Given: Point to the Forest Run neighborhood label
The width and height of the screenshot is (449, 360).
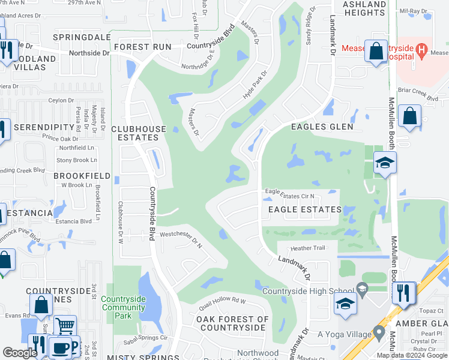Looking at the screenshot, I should pyautogui.click(x=143, y=47).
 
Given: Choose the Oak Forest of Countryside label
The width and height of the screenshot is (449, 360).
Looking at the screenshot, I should pyautogui.click(x=232, y=323).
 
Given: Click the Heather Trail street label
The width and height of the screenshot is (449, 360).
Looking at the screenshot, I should pyautogui.click(x=307, y=248).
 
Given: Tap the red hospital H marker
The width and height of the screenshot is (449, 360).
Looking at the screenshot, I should pyautogui.click(x=423, y=48).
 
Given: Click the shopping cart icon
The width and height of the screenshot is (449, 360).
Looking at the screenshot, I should pyautogui.click(x=65, y=326).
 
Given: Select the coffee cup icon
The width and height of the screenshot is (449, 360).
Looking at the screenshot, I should pyautogui.click(x=60, y=348).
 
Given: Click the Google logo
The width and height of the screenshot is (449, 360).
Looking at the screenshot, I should pyautogui.click(x=20, y=353).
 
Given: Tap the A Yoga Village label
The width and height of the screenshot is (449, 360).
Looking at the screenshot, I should pyautogui.click(x=344, y=334).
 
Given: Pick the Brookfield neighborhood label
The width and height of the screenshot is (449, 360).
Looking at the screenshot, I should pyautogui.click(x=82, y=176).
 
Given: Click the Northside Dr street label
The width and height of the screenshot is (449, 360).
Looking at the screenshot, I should pyautogui.click(x=90, y=53).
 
